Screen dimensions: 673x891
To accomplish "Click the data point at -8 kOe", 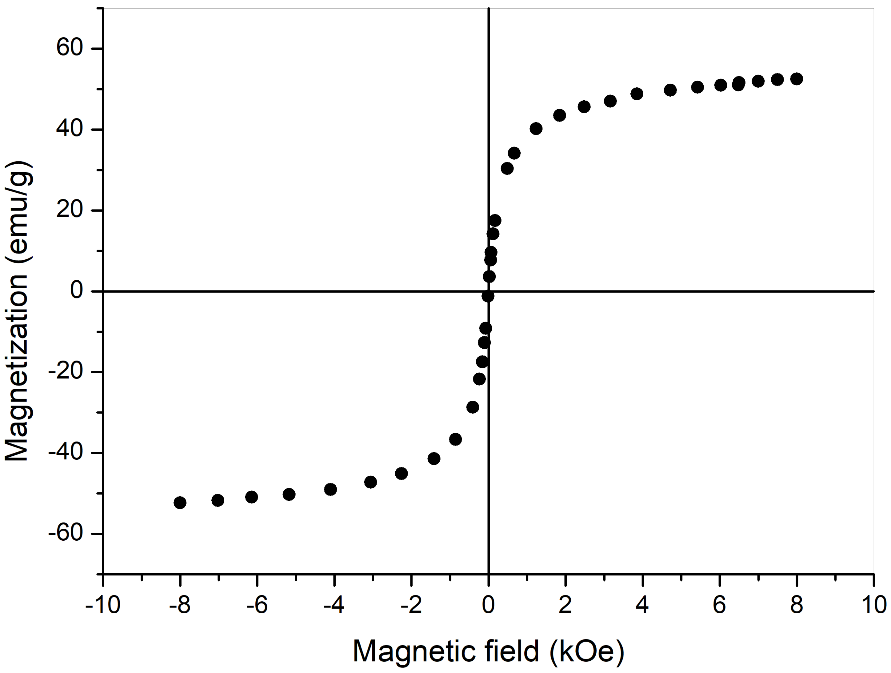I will tap(180, 503).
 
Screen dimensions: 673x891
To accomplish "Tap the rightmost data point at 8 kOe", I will tap(796, 79).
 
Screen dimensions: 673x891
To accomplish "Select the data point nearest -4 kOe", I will tap(330, 490).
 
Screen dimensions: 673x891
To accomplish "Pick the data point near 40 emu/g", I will tap(536, 129).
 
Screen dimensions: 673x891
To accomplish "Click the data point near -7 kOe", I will tap(218, 500).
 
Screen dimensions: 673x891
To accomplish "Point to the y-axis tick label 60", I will tap(69, 48).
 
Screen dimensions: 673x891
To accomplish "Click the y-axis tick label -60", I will tap(65, 533).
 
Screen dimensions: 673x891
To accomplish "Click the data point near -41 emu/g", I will tap(434, 459).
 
